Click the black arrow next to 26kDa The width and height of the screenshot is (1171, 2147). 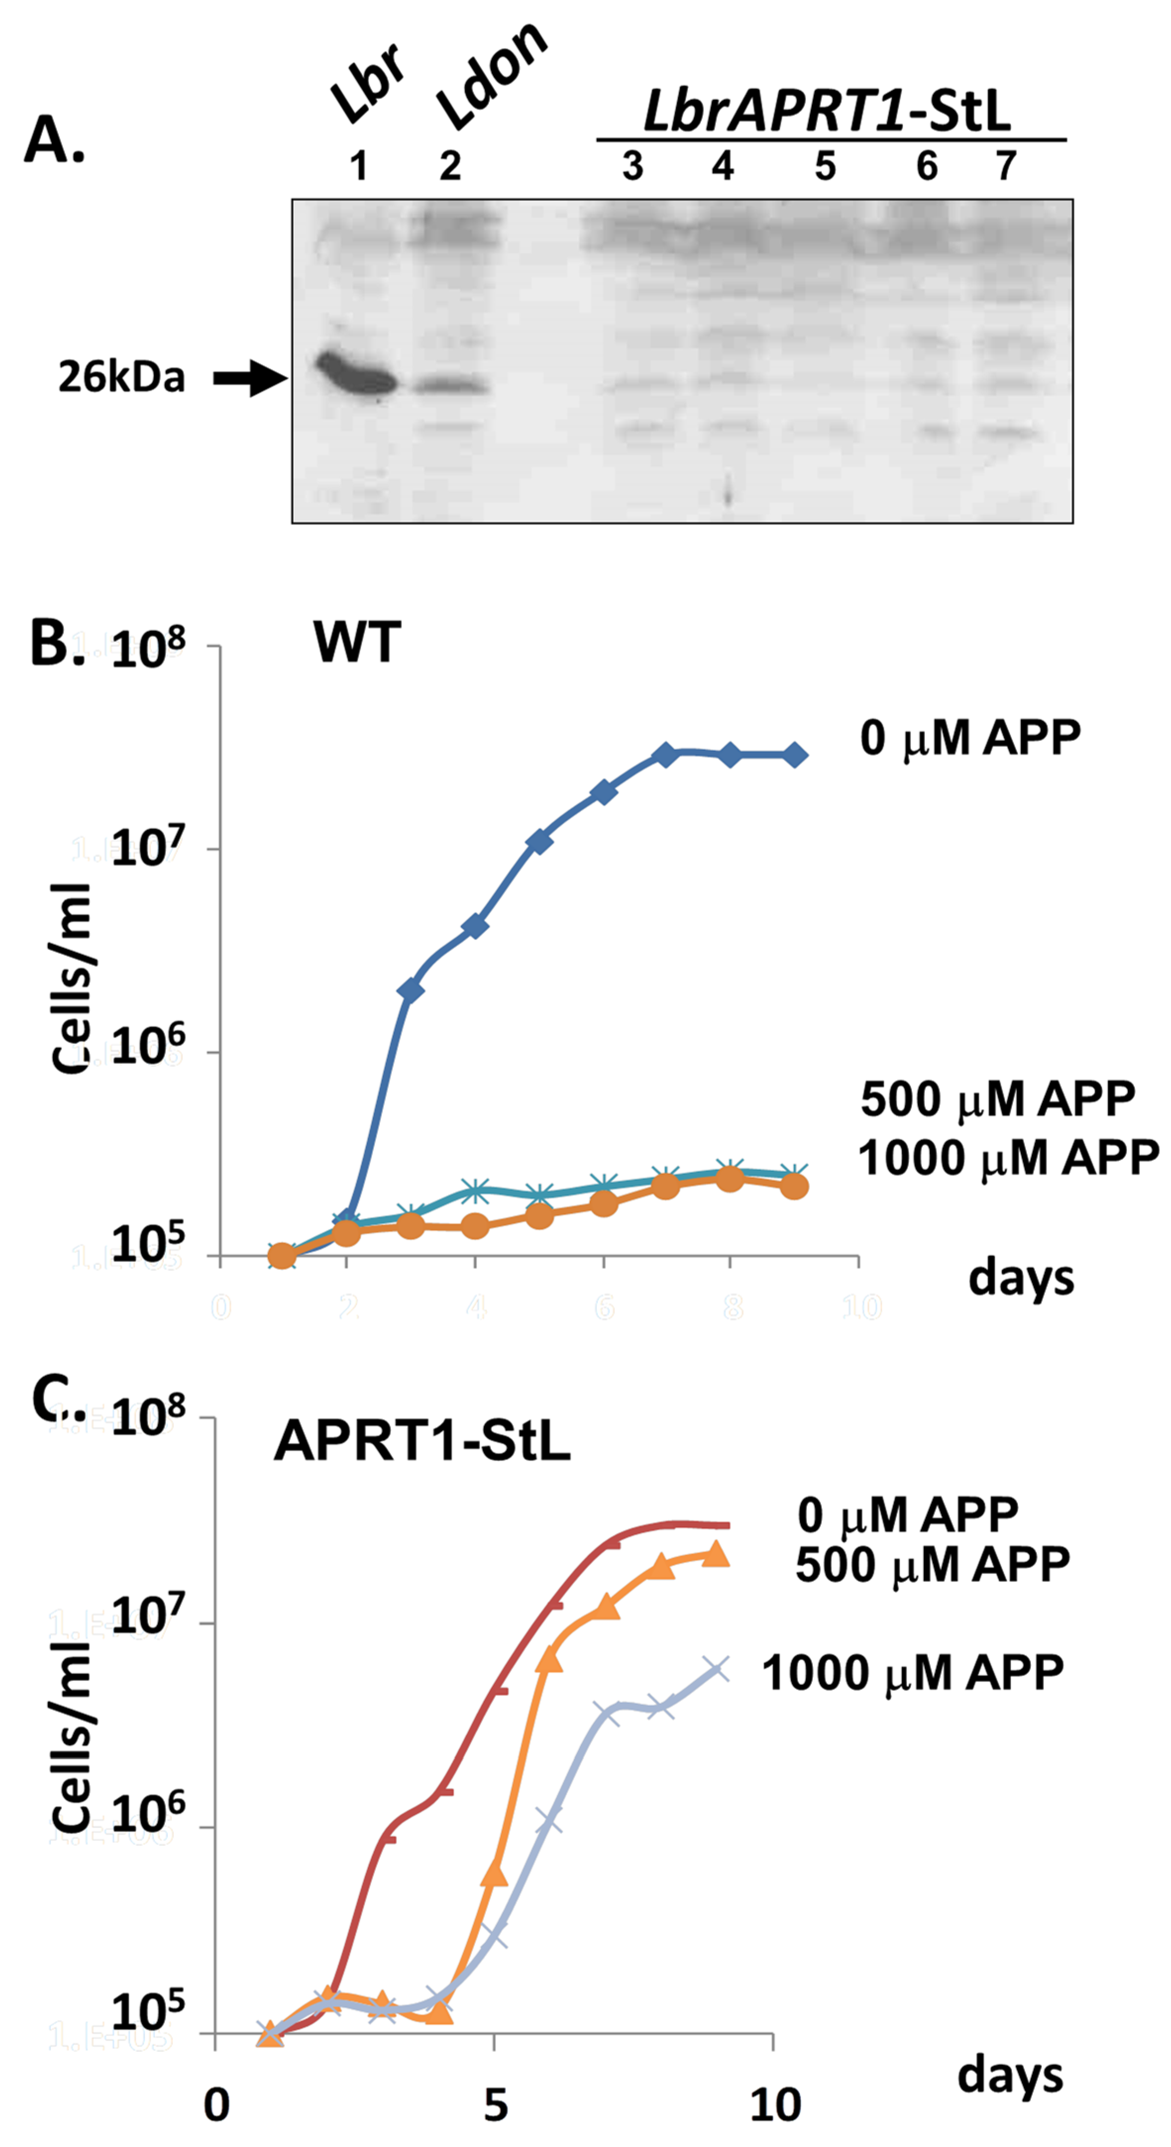(x=250, y=379)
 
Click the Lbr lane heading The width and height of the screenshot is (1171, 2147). (x=367, y=83)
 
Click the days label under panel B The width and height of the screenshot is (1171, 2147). (x=1021, y=1277)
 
